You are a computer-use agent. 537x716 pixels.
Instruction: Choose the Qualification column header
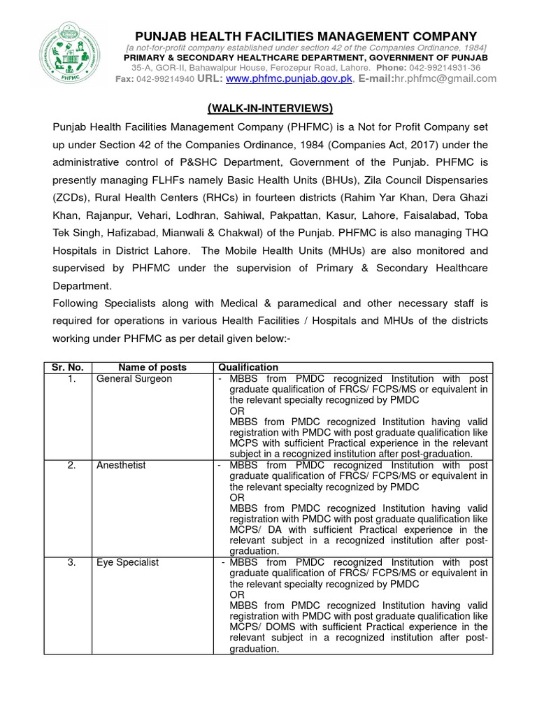(x=248, y=367)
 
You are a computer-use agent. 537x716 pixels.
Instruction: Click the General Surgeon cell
(x=134, y=378)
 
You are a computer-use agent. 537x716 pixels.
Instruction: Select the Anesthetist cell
(x=121, y=465)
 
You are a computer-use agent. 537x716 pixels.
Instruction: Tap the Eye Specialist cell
(x=128, y=561)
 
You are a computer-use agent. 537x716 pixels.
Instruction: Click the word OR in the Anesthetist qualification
(x=236, y=497)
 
